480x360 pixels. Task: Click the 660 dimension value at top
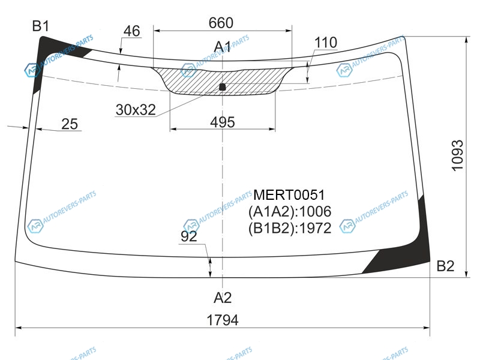click(x=221, y=23)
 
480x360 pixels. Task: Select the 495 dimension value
click(x=222, y=122)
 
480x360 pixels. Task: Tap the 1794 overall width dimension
click(x=223, y=320)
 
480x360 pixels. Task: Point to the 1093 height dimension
click(x=458, y=155)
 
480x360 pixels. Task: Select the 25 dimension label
click(x=70, y=124)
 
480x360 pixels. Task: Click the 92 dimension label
click(x=189, y=236)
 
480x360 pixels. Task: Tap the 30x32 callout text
click(x=136, y=109)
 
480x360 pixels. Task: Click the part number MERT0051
click(x=289, y=195)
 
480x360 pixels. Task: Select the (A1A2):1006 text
click(x=290, y=211)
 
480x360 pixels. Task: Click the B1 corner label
click(x=40, y=26)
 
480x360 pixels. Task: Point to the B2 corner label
click(x=445, y=266)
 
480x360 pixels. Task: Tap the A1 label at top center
click(x=223, y=46)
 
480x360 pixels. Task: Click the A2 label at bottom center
click(x=223, y=297)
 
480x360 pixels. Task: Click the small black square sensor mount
click(x=223, y=87)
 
